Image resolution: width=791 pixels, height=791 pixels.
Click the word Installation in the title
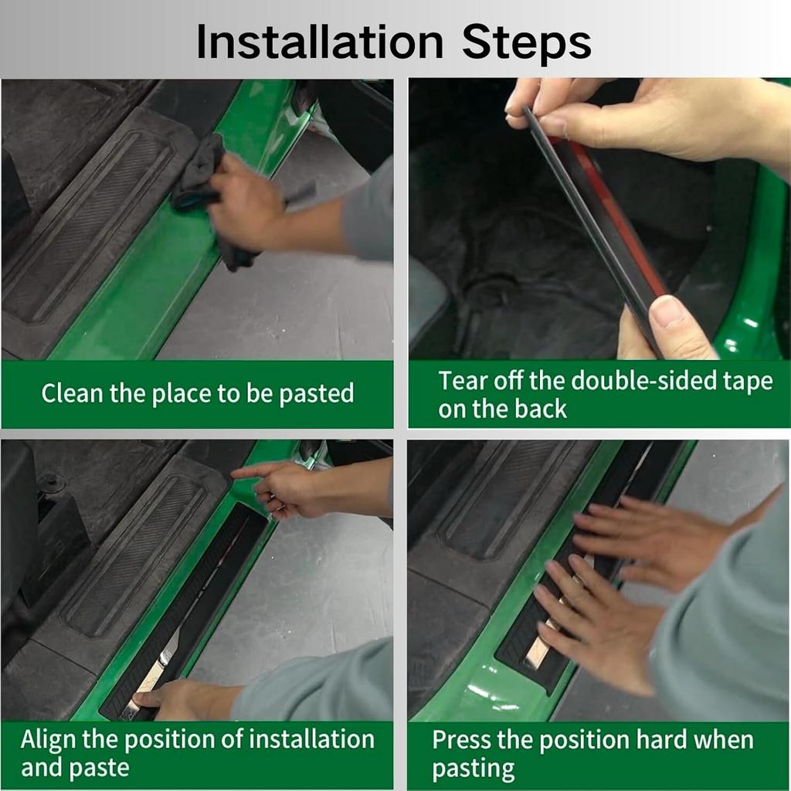point(320,42)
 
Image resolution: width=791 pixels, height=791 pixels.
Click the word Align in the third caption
point(49,740)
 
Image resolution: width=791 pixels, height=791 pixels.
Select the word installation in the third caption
point(312,739)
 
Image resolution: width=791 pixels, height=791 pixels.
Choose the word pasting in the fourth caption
point(474,769)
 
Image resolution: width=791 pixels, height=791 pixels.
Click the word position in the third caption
point(171,740)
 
